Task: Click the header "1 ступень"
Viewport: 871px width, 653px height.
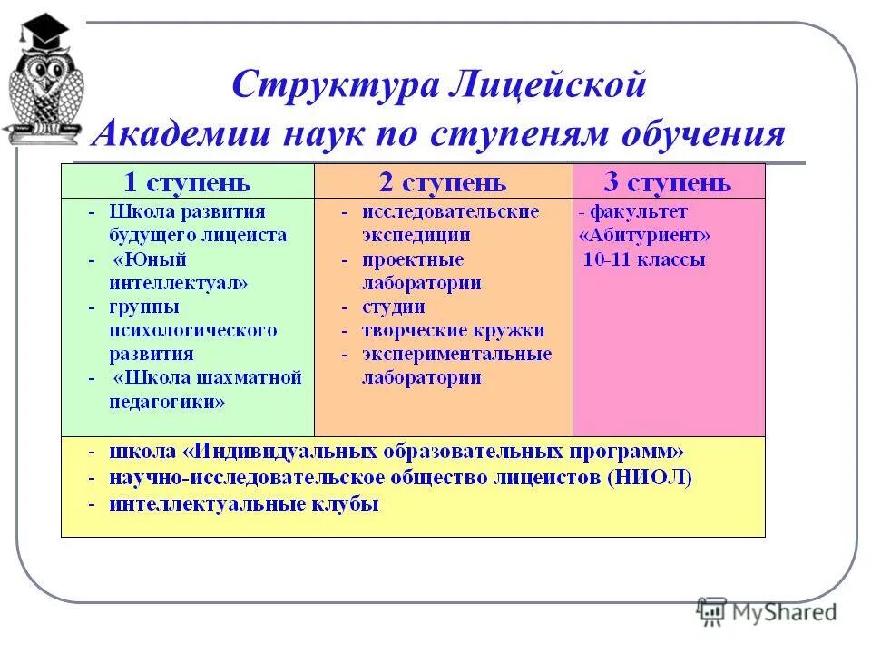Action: coord(187,182)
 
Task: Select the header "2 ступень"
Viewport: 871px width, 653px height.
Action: coord(442,182)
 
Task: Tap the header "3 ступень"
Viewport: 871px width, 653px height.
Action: coord(667,182)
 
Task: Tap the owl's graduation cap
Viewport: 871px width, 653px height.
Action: coord(44,34)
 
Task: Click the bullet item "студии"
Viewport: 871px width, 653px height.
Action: coord(394,307)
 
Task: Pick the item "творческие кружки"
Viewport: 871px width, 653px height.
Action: coord(454,331)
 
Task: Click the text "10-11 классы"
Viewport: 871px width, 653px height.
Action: coord(644,260)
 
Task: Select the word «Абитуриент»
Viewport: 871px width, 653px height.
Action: coord(644,236)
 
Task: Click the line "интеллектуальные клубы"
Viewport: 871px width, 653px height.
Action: coord(243,503)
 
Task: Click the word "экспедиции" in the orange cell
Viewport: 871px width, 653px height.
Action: coord(416,236)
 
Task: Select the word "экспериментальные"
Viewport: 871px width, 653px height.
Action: coord(456,355)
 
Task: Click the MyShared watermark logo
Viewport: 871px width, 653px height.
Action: coord(767,611)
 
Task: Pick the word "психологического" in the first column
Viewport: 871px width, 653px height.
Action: coord(193,330)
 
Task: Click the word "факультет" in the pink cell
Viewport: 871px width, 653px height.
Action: coord(639,212)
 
